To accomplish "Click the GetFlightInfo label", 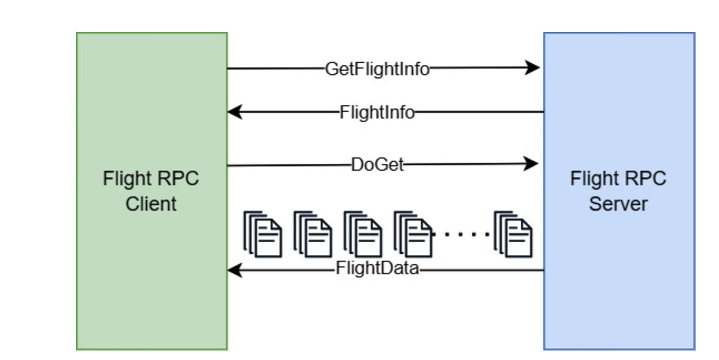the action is tap(377, 69).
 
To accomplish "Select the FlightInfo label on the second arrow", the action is tap(377, 112).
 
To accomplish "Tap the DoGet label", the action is tap(378, 165).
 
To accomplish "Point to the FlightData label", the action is tap(378, 268).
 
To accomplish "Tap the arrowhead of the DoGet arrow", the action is tap(531, 164).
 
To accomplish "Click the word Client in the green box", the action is tap(151, 204).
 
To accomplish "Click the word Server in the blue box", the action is tap(618, 204).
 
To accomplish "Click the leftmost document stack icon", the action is tap(262, 234).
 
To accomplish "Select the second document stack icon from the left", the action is tap(312, 234).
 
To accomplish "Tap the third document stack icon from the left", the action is tap(363, 234).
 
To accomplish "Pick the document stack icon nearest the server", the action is tap(513, 234).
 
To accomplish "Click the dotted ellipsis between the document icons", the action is tap(461, 235).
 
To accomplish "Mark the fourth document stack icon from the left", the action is tap(413, 234).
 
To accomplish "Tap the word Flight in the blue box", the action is tap(594, 179).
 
